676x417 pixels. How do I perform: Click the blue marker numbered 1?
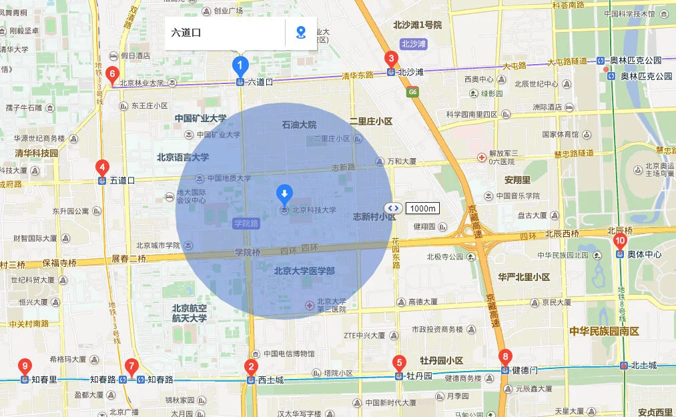pyautogui.click(x=240, y=65)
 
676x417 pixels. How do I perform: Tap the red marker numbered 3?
pyautogui.click(x=391, y=59)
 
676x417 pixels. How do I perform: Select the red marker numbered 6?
pyautogui.click(x=112, y=74)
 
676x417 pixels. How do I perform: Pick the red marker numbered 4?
pyautogui.click(x=102, y=167)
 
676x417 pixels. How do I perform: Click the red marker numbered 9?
pyautogui.click(x=25, y=366)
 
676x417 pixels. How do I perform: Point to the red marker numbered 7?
pyautogui.click(x=131, y=366)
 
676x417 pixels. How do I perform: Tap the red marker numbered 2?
pyautogui.click(x=251, y=366)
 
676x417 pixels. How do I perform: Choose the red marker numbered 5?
pyautogui.click(x=399, y=363)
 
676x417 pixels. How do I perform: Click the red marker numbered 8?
pyautogui.click(x=506, y=356)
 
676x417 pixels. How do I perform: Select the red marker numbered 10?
pyautogui.click(x=620, y=241)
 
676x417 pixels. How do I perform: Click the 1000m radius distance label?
pyautogui.click(x=422, y=208)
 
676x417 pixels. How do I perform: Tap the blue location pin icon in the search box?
pyautogui.click(x=301, y=32)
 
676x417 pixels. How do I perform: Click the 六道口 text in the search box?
pyautogui.click(x=186, y=32)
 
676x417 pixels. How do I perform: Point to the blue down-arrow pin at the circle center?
pyautogui.click(x=285, y=194)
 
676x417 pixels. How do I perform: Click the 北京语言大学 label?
pyautogui.click(x=183, y=157)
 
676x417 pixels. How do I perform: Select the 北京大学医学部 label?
pyautogui.click(x=304, y=270)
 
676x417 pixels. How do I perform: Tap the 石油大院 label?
pyautogui.click(x=299, y=125)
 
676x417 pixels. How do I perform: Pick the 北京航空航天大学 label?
pyautogui.click(x=190, y=313)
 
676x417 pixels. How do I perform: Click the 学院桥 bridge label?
pyautogui.click(x=248, y=253)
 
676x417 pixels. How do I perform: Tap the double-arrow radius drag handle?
pyautogui.click(x=392, y=208)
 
